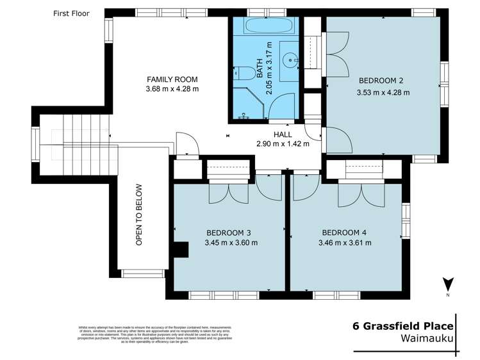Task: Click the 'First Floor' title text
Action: pyautogui.click(x=71, y=13)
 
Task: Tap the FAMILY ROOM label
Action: pyautogui.click(x=172, y=79)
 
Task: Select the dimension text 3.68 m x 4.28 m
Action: pyautogui.click(x=172, y=89)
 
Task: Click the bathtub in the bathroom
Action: pyautogui.click(x=264, y=29)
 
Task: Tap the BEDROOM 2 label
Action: pyautogui.click(x=381, y=81)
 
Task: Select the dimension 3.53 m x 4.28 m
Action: pyautogui.click(x=383, y=92)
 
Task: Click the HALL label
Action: pyautogui.click(x=283, y=135)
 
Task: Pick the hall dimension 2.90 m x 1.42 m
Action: pyautogui.click(x=283, y=144)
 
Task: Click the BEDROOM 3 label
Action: pyautogui.click(x=228, y=232)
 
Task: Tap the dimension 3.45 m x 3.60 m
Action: pyautogui.click(x=231, y=243)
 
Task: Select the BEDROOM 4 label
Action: pyautogui.click(x=344, y=232)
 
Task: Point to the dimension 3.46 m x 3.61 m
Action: pyautogui.click(x=345, y=243)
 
